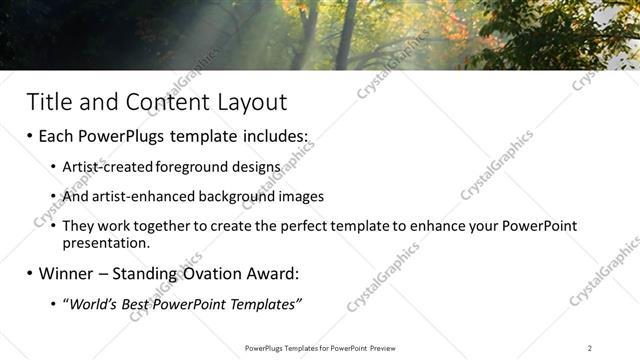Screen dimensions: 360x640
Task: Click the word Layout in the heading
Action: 249,102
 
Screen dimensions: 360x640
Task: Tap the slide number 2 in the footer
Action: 589,348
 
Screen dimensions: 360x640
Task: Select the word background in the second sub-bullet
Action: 227,196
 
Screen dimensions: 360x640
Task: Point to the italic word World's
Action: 96,303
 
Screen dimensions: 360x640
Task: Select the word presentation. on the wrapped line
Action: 105,242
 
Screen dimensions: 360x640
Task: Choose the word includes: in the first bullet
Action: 270,136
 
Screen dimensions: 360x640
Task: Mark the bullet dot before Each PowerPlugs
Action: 30,137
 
